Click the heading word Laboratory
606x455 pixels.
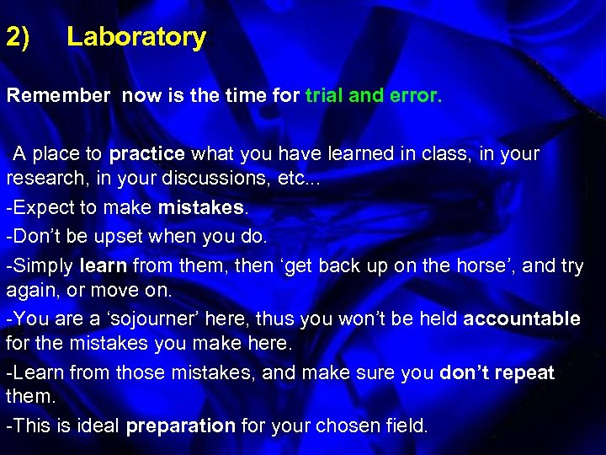pos(136,37)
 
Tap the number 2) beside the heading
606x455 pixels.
pos(19,37)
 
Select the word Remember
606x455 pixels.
pos(58,96)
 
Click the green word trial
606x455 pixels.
pos(325,96)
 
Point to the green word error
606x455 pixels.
pos(414,96)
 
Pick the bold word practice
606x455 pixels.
pos(147,154)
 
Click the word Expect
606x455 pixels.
pos(40,207)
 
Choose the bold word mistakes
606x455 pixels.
pos(199,207)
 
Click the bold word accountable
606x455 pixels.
pos(522,318)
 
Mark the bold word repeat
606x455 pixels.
pos(527,372)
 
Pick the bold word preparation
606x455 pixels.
pos(180,426)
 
